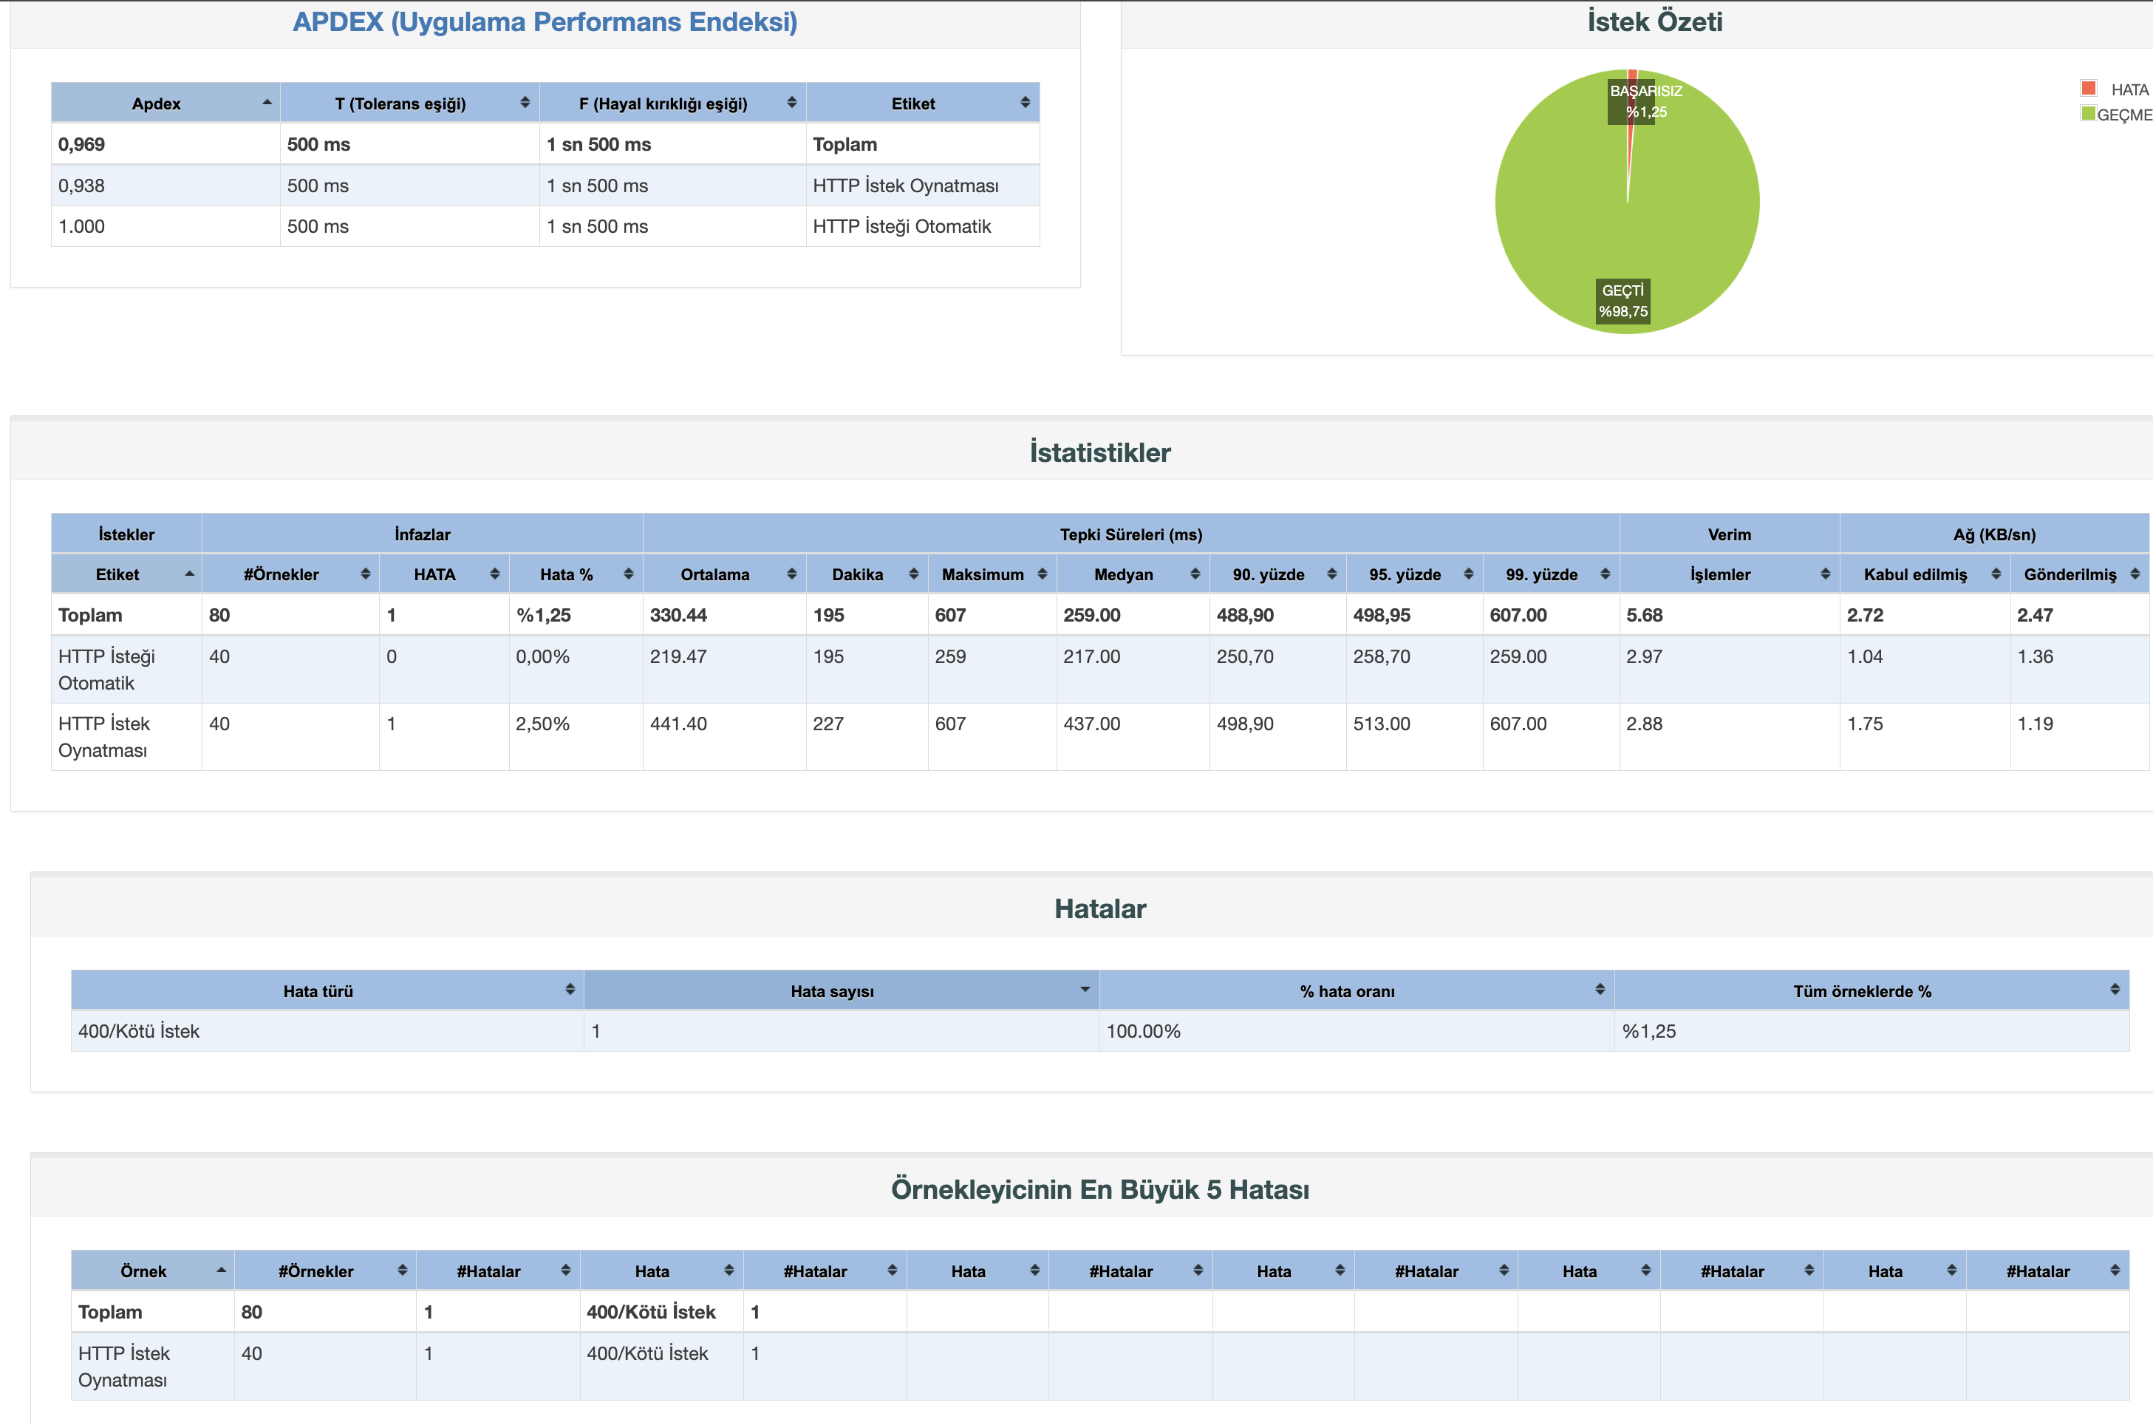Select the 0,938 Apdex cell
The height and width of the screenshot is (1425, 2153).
[x=82, y=186]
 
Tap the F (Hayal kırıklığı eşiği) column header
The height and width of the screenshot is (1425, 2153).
[x=663, y=103]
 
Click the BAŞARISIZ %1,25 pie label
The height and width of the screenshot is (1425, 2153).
[x=1645, y=101]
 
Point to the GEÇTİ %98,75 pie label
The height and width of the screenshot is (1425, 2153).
[x=1623, y=301]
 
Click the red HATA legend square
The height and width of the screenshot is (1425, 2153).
[x=2087, y=88]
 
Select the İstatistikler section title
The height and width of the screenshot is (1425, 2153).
[x=1099, y=452]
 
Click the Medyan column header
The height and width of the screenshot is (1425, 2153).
[x=1123, y=574]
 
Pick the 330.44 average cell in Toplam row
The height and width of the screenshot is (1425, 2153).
[x=678, y=615]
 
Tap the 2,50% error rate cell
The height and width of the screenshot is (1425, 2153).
[x=542, y=724]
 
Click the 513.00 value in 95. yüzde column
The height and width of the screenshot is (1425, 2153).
[x=1381, y=724]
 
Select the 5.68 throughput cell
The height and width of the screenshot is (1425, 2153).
[x=1644, y=615]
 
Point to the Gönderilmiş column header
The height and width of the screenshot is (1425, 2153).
[x=2070, y=574]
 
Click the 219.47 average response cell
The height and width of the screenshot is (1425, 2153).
[x=678, y=656]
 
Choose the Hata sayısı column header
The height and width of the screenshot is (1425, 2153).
[x=832, y=991]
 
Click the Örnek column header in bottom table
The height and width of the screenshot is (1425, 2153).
[x=143, y=1271]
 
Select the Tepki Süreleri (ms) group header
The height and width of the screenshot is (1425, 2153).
[x=1130, y=534]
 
